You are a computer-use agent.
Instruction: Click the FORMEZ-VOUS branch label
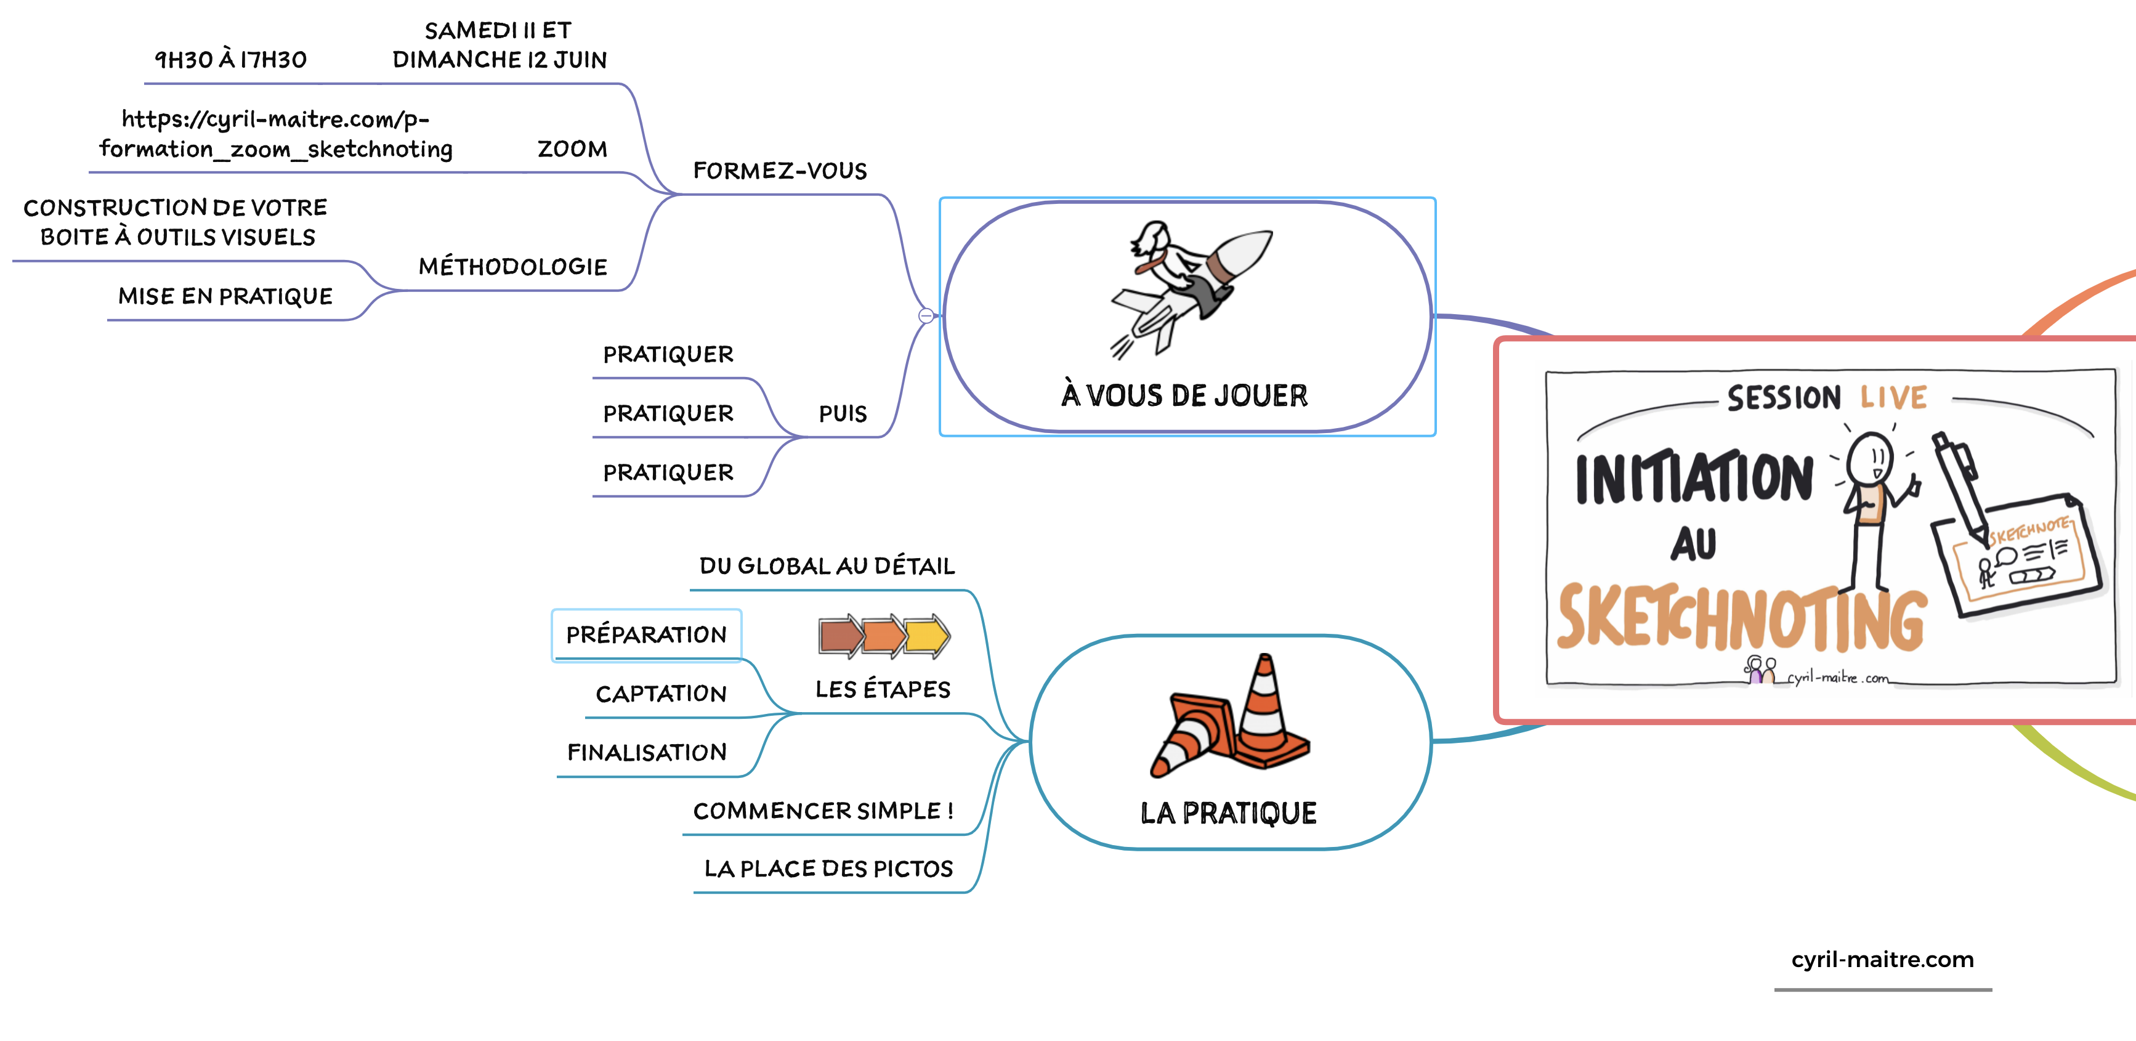click(x=779, y=171)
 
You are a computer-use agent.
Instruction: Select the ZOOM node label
click(x=572, y=149)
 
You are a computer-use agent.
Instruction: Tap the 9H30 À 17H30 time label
click(x=230, y=60)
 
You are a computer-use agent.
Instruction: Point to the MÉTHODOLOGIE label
click(x=512, y=267)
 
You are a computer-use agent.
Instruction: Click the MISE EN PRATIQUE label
click(x=225, y=296)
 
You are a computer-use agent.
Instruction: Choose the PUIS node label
click(x=843, y=414)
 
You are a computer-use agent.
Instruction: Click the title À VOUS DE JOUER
click(x=1184, y=395)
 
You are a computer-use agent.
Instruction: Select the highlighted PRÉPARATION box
click(x=646, y=634)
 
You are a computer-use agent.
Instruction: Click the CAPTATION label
click(x=661, y=694)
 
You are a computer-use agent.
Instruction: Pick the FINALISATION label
click(x=647, y=752)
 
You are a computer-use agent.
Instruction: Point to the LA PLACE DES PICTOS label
click(x=828, y=869)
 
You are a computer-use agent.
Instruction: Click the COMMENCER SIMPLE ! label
click(x=823, y=811)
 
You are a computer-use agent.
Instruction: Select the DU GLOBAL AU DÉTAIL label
click(x=827, y=565)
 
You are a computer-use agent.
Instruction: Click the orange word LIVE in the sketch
click(x=1893, y=397)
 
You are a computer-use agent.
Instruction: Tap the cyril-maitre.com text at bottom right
click(x=1882, y=960)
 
